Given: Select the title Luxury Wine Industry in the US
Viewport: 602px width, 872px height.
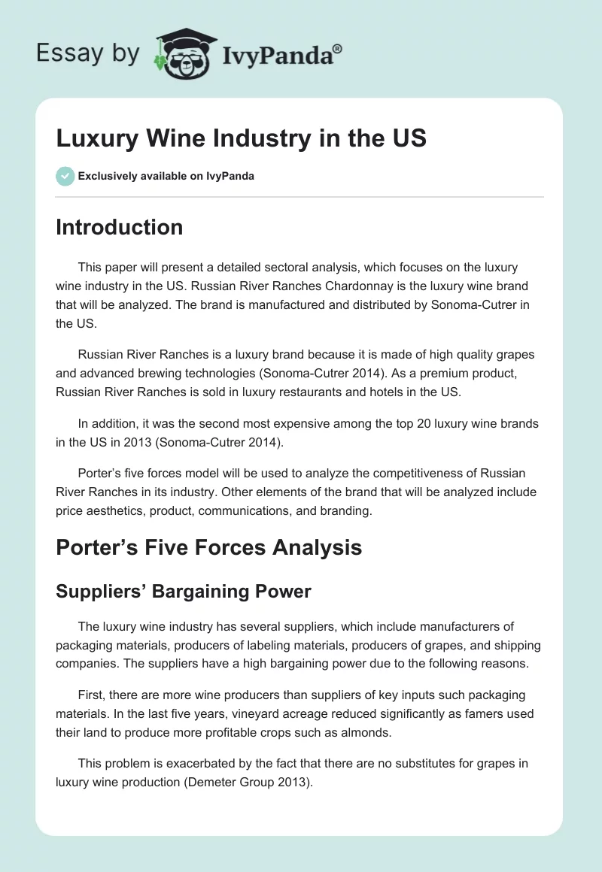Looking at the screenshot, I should click(x=242, y=139).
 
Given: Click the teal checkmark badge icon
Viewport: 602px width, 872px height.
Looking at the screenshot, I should click(x=65, y=176).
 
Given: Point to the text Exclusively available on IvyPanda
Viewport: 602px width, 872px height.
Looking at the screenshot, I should click(x=166, y=177).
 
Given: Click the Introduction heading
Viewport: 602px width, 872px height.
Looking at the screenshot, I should click(x=119, y=227).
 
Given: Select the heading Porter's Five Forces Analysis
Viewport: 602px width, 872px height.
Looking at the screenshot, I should click(x=208, y=547).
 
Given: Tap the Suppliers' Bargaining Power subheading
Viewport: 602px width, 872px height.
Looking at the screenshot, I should click(x=183, y=591).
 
